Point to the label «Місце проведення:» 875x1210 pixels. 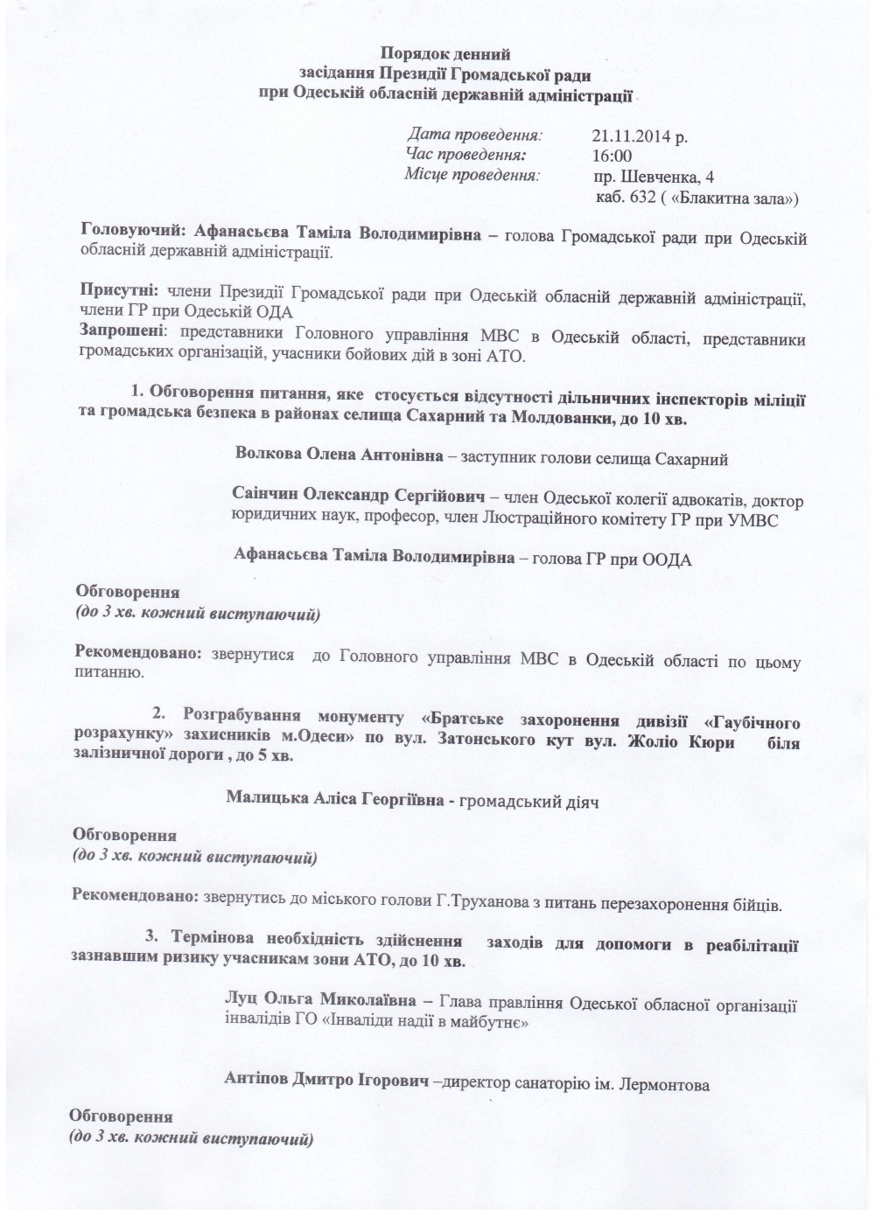point(472,176)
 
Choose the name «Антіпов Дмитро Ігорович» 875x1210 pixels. point(327,1082)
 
